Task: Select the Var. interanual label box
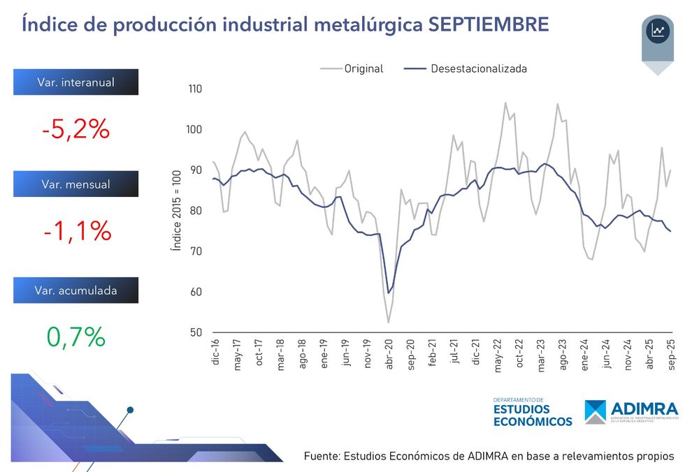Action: click(75, 82)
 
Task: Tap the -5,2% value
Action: click(75, 129)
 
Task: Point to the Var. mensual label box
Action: click(75, 184)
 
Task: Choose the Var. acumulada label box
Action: click(75, 290)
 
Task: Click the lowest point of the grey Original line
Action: click(388, 322)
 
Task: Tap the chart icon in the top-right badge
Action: click(658, 31)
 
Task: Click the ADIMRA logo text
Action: click(644, 408)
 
